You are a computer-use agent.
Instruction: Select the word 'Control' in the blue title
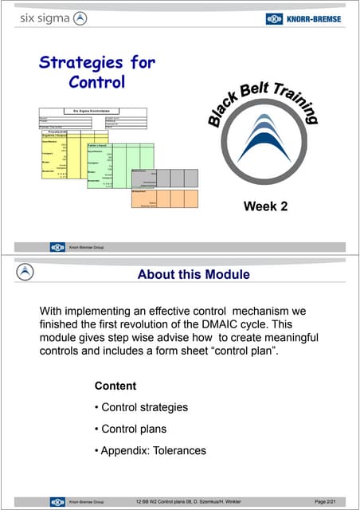click(98, 81)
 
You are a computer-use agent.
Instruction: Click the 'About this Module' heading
click(194, 275)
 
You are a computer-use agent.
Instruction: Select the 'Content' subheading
click(115, 386)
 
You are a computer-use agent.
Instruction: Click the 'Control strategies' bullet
click(143, 407)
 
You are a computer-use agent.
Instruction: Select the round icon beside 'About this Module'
click(26, 273)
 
